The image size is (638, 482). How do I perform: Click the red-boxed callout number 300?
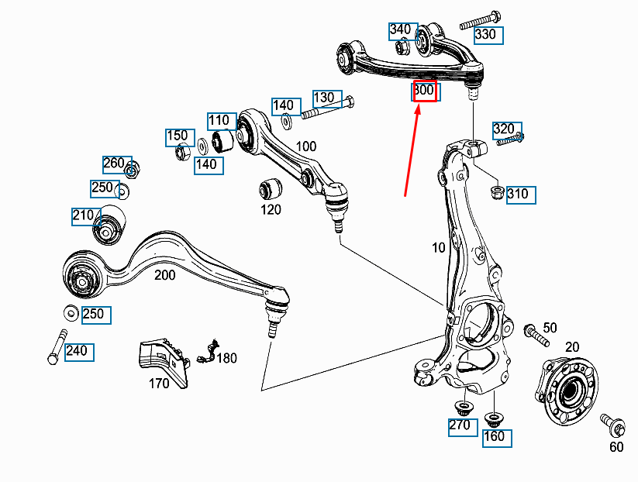pos(425,91)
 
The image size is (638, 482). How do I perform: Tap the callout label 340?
pos(401,30)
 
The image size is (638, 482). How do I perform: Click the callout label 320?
pos(504,129)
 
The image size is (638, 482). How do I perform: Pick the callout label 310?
pos(521,194)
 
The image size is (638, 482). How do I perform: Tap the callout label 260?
pos(114,164)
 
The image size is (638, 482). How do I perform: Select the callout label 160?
pos(494,436)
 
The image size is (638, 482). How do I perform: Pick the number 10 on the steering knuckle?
pos(440,249)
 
